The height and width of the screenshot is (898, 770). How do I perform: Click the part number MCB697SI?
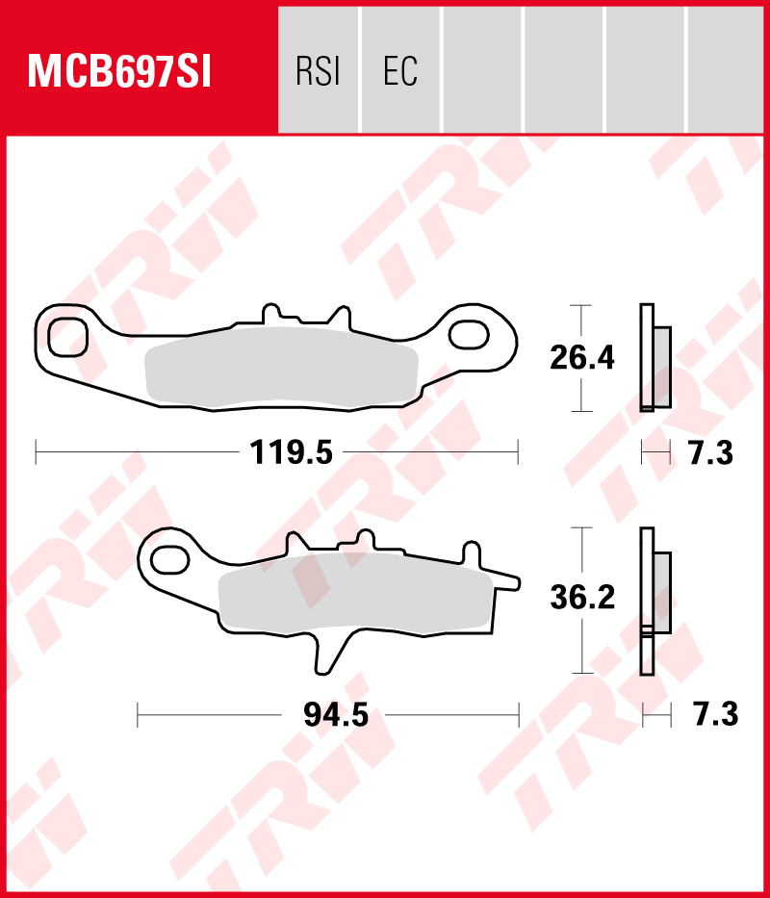coord(119,72)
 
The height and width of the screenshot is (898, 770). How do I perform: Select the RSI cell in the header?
coord(319,70)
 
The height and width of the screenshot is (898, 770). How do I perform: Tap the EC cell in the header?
coord(400,70)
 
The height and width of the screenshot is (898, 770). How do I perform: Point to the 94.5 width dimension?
coord(336,715)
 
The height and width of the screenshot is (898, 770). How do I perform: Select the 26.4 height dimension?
coord(582,358)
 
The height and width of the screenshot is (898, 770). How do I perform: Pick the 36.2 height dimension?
coord(582,598)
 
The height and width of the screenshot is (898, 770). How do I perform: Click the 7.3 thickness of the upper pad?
coord(711,453)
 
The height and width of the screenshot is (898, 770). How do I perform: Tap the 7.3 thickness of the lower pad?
coord(716,715)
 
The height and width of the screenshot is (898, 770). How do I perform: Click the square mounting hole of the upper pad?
coord(67,339)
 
